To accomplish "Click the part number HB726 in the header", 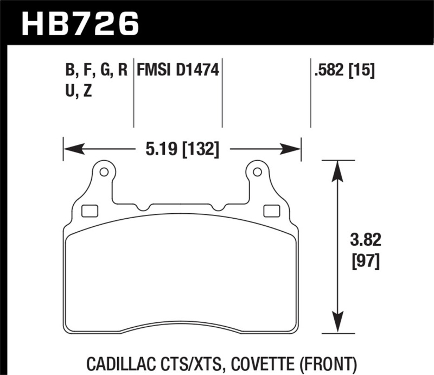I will [x=81, y=22].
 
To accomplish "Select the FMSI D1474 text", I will [x=177, y=70].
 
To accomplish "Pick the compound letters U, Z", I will [x=78, y=91].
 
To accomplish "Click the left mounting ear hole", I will [x=104, y=173].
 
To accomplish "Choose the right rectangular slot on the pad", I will [x=269, y=210].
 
